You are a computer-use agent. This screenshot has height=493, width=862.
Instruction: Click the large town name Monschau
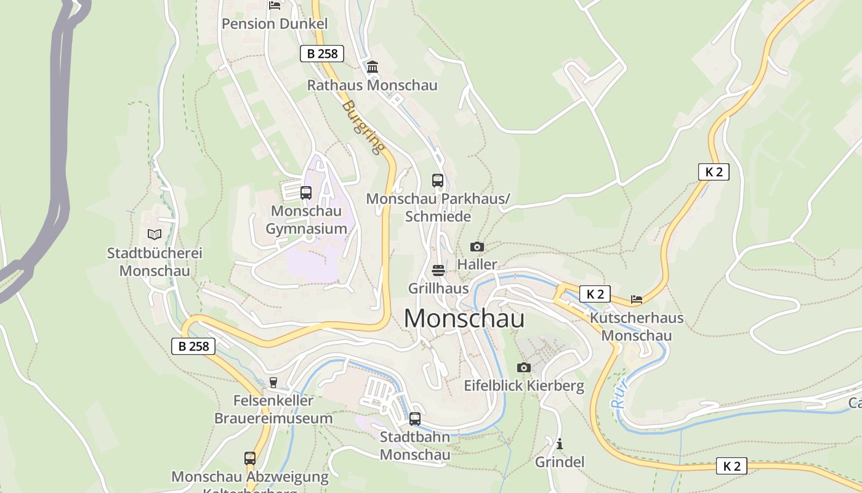click(x=464, y=319)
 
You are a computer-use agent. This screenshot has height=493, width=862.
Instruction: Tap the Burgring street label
click(x=363, y=127)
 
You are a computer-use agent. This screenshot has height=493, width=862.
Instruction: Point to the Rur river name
click(x=620, y=394)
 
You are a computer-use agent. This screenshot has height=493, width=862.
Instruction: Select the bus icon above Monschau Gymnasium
click(x=306, y=192)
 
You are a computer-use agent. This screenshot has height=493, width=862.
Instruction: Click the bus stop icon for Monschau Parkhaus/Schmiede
click(x=438, y=181)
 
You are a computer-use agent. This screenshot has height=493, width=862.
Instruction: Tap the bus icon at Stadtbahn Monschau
click(x=415, y=419)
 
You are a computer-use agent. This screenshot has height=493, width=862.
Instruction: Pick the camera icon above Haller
click(x=477, y=246)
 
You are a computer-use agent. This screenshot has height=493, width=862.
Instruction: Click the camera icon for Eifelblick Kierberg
click(x=523, y=368)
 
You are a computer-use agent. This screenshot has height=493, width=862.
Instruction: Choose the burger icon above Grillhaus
click(x=438, y=270)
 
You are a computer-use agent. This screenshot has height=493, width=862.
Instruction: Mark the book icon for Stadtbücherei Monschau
click(x=154, y=235)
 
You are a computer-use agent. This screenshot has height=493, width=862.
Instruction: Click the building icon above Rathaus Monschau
click(x=373, y=67)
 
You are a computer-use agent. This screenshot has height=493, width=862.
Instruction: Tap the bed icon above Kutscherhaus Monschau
click(x=637, y=299)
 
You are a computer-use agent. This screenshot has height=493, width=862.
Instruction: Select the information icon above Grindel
click(x=560, y=444)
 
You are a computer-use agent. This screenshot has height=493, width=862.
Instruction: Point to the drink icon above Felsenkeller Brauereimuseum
click(x=273, y=383)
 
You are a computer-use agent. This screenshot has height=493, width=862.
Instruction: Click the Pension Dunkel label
click(x=275, y=24)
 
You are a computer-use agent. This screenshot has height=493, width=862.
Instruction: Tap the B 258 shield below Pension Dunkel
click(x=322, y=54)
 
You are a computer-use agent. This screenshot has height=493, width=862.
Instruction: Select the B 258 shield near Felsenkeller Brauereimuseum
click(x=193, y=346)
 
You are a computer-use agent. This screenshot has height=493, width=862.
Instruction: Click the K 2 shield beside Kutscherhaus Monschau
click(x=595, y=294)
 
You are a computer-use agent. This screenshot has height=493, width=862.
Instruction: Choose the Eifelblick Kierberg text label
click(x=524, y=386)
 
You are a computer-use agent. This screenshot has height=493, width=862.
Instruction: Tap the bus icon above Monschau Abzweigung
click(x=249, y=458)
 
